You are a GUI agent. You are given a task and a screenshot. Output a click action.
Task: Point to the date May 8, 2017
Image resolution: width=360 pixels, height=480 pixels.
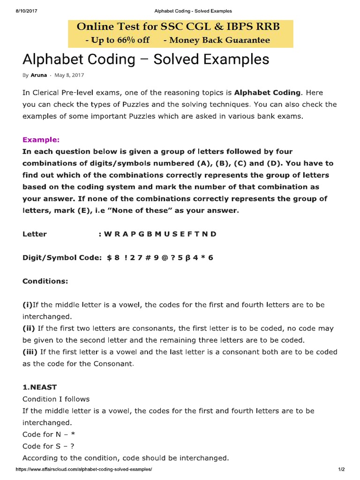pyautogui.click(x=69, y=75)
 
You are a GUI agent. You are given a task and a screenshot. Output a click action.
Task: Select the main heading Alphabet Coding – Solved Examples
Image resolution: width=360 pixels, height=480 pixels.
pyautogui.click(x=146, y=60)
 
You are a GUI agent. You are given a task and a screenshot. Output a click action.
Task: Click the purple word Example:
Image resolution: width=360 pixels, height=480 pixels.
pyautogui.click(x=41, y=140)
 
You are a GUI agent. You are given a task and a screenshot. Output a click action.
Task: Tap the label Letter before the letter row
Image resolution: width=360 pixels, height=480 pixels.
pyautogui.click(x=35, y=234)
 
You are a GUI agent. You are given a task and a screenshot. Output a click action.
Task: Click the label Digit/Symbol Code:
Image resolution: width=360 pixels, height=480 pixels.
pyautogui.click(x=62, y=257)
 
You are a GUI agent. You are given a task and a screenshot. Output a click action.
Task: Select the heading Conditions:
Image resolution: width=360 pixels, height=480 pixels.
pyautogui.click(x=45, y=281)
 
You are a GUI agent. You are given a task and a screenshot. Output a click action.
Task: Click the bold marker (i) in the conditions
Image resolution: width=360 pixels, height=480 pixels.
pyautogui.click(x=28, y=305)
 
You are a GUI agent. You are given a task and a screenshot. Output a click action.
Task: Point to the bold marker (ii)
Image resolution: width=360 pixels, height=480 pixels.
pyautogui.click(x=29, y=328)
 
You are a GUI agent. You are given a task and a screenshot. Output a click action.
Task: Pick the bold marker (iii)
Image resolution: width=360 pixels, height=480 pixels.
pyautogui.click(x=30, y=352)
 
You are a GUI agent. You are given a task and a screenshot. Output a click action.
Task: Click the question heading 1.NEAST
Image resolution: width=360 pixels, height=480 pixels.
pyautogui.click(x=40, y=387)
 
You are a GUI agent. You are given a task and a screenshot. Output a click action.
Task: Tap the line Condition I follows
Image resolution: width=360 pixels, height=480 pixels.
pyautogui.click(x=56, y=399)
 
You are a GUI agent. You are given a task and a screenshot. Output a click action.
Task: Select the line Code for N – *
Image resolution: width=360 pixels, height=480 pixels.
pyautogui.click(x=49, y=434)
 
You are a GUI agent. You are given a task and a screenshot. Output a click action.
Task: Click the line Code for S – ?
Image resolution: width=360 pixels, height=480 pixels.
pyautogui.click(x=49, y=446)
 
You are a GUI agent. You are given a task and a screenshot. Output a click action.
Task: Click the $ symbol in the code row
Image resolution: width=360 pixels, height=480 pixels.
pyautogui.click(x=109, y=257)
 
